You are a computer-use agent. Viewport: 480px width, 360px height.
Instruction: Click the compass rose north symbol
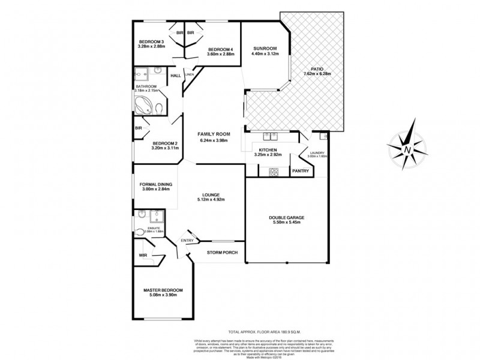(x=409, y=148)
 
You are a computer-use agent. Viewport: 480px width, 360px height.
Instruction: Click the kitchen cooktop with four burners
(x=274, y=172)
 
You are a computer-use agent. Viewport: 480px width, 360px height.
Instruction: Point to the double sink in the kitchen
(x=268, y=135)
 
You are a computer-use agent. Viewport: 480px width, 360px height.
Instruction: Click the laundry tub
(x=323, y=135)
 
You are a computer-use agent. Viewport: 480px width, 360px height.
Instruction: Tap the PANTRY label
(x=301, y=171)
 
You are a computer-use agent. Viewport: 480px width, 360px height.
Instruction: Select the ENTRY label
(x=188, y=241)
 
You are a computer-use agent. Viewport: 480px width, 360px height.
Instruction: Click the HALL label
(x=176, y=76)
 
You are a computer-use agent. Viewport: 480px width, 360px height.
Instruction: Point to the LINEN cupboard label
(x=188, y=74)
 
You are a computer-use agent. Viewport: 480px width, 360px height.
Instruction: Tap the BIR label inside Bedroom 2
(x=139, y=128)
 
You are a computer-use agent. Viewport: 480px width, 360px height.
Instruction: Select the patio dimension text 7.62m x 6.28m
(x=317, y=74)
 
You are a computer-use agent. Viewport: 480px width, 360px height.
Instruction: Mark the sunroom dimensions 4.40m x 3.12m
(x=265, y=53)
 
